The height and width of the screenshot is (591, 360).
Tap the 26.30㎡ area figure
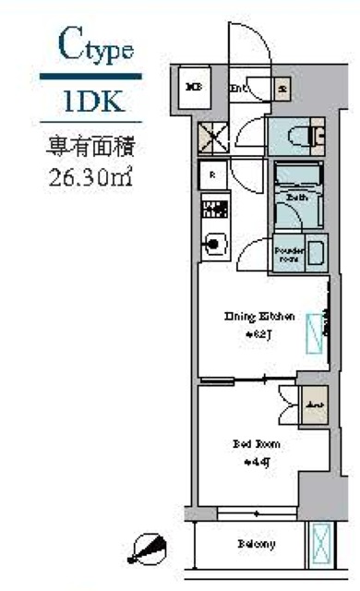tap(91, 175)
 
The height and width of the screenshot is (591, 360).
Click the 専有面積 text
tap(91, 147)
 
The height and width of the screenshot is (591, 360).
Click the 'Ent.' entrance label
tap(237, 89)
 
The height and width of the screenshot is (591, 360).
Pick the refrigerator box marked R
tap(212, 174)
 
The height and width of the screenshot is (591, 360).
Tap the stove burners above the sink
tap(212, 209)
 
